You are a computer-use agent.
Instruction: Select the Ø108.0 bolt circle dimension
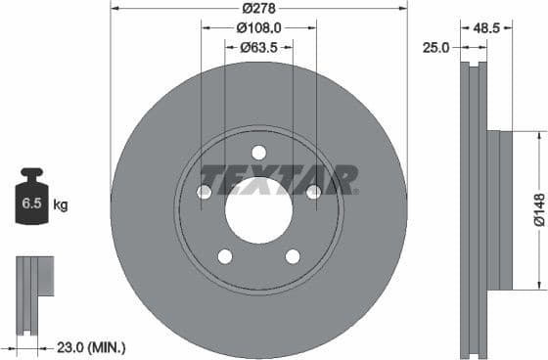coord(258,28)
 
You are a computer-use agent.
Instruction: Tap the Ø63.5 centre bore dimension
coord(258,47)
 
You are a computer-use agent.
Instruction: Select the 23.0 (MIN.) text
coord(91,346)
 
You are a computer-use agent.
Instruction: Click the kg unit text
coord(61,204)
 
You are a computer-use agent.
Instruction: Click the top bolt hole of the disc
coord(258,152)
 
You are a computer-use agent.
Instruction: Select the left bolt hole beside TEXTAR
coord(205,192)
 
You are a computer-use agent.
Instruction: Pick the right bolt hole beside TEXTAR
coord(313,192)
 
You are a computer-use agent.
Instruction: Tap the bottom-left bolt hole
coord(225,256)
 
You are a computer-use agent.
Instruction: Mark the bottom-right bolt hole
coord(293,256)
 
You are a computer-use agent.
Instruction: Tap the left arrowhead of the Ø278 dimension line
coord(114,10)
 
